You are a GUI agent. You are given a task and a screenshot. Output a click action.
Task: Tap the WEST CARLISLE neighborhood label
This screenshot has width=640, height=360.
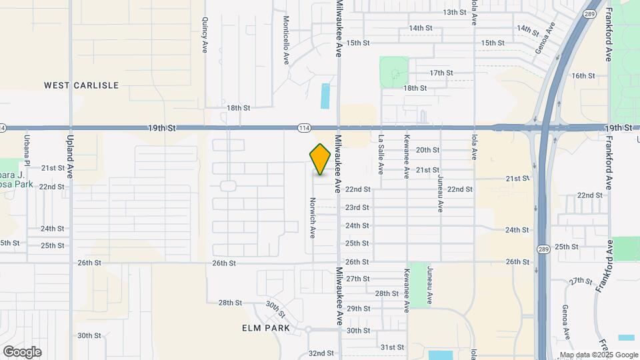click(x=81, y=85)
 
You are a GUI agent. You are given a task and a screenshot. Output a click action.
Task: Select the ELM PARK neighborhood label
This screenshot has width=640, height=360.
click(x=266, y=328)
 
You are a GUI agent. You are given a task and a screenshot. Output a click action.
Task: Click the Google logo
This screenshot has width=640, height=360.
click(x=22, y=352)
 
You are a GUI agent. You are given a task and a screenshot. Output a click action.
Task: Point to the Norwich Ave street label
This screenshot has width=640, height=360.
click(x=312, y=218)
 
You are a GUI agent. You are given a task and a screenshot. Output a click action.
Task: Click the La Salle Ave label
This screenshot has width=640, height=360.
click(x=381, y=155)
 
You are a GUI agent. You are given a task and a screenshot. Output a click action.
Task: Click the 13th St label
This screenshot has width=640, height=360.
click(x=455, y=12)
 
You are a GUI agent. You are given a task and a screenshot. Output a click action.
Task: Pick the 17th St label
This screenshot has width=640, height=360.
click(x=441, y=73)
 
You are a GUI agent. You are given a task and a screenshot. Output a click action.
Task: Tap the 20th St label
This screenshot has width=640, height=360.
click(x=427, y=150)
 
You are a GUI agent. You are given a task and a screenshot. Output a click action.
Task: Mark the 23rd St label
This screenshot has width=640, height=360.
click(x=357, y=207)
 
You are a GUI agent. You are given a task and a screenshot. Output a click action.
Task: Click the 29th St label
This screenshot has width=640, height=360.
click(x=358, y=309)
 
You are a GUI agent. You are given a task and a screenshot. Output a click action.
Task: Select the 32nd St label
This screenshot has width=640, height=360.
click(x=321, y=353)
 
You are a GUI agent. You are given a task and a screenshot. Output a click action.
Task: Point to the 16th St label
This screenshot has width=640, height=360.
click(x=583, y=76)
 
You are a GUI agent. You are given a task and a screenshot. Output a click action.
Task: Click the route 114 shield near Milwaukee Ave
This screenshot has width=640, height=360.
click(x=304, y=127)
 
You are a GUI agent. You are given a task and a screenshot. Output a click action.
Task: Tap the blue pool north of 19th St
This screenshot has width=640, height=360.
click(x=325, y=96)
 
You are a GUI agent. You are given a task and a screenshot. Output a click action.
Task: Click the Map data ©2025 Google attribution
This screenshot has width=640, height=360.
click(x=599, y=355)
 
